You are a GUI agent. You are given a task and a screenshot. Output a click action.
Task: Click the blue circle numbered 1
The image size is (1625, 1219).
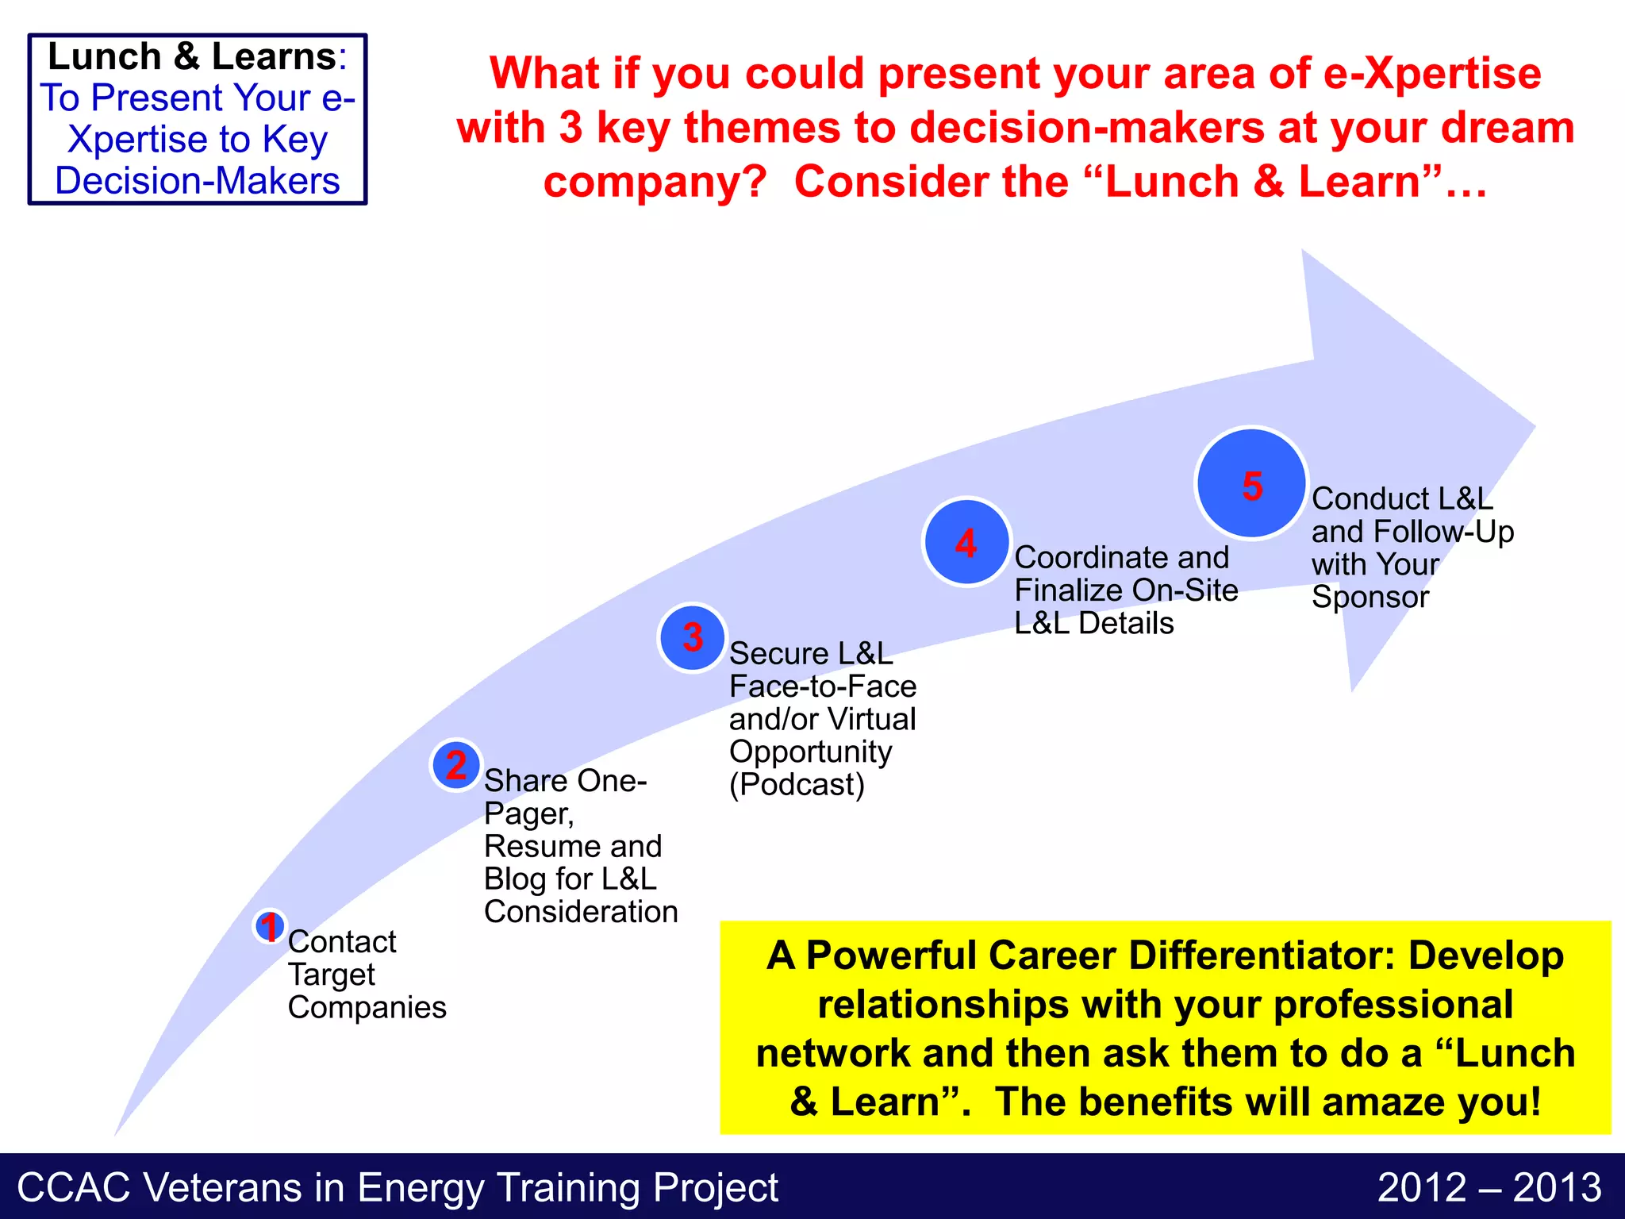(270, 926)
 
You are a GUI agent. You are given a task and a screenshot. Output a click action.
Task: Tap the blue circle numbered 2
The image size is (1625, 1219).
(455, 765)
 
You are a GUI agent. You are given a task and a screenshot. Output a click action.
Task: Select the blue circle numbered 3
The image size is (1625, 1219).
(693, 637)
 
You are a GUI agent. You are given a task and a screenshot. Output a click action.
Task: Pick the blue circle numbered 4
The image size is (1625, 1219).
(966, 543)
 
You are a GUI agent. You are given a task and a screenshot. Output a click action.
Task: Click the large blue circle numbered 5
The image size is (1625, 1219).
(1251, 484)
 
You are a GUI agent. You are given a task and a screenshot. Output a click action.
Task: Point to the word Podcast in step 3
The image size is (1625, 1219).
(797, 785)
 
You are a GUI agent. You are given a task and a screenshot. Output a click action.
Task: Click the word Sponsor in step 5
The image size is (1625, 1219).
(1370, 597)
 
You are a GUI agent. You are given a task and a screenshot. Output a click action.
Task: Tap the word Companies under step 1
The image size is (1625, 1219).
(367, 1008)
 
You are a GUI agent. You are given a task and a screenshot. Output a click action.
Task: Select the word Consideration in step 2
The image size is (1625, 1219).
(581, 912)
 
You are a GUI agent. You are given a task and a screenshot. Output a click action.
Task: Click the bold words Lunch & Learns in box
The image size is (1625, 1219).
(192, 57)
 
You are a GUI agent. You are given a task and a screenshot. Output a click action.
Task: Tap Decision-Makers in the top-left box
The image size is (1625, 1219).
(198, 181)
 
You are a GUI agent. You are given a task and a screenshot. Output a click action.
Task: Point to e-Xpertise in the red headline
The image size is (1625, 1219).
(1431, 74)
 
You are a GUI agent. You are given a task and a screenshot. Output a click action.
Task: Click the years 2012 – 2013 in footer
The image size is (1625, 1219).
(1489, 1188)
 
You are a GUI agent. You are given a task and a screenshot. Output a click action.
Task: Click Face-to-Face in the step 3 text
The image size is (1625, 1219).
(823, 686)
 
